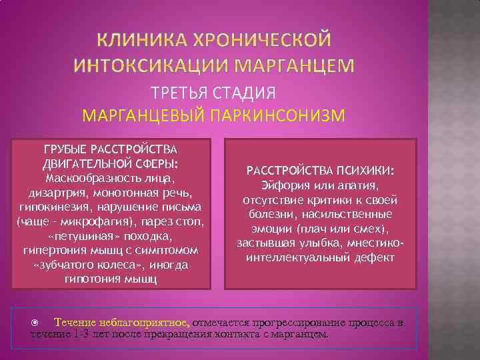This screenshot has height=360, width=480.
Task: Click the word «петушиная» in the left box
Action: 75,236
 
